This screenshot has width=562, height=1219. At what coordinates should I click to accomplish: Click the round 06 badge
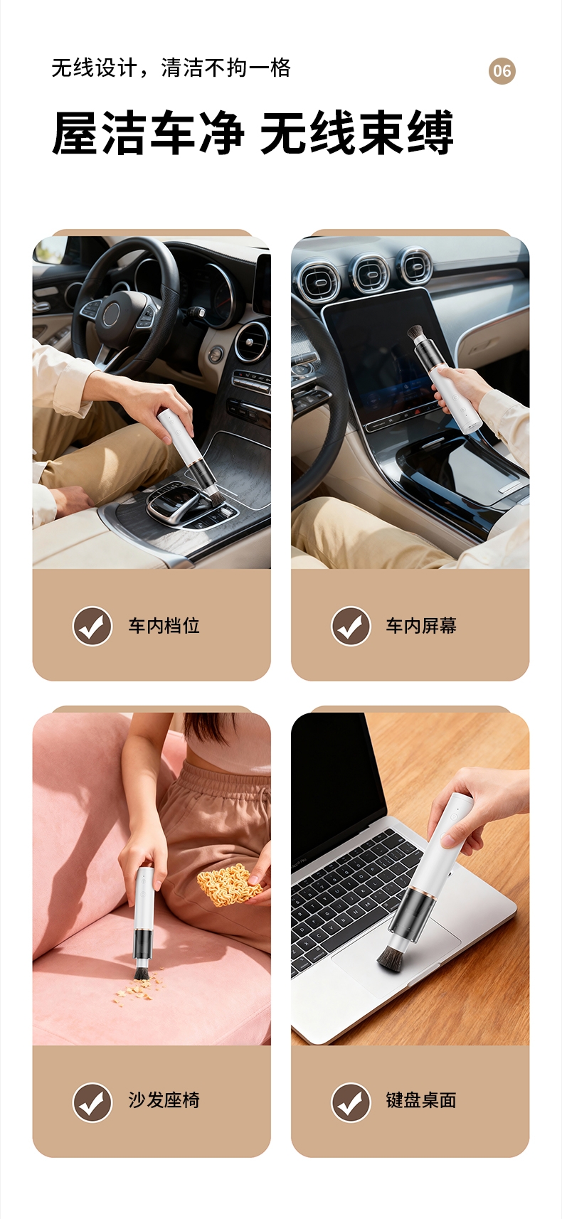tap(502, 70)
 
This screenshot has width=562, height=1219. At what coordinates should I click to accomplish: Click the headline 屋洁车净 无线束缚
tap(253, 132)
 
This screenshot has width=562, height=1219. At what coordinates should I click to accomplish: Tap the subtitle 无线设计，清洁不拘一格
tap(171, 68)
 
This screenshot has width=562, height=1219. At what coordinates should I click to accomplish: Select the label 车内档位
tap(164, 626)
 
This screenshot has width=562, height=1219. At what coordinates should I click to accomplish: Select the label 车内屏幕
tap(421, 626)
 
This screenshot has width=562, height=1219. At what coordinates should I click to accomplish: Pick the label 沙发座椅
tap(164, 1100)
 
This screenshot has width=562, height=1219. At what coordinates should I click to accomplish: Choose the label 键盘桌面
tap(421, 1100)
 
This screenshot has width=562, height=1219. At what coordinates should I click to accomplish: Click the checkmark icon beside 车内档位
tap(92, 626)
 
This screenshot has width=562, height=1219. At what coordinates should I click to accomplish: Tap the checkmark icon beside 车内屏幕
tap(351, 626)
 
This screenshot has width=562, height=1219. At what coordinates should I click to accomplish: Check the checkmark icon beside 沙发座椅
tap(92, 1102)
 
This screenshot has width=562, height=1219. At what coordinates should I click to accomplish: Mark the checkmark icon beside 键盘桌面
tap(351, 1102)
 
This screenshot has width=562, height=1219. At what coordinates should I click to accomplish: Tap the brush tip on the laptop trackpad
tap(392, 958)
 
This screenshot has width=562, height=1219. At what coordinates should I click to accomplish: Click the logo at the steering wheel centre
tap(112, 314)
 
